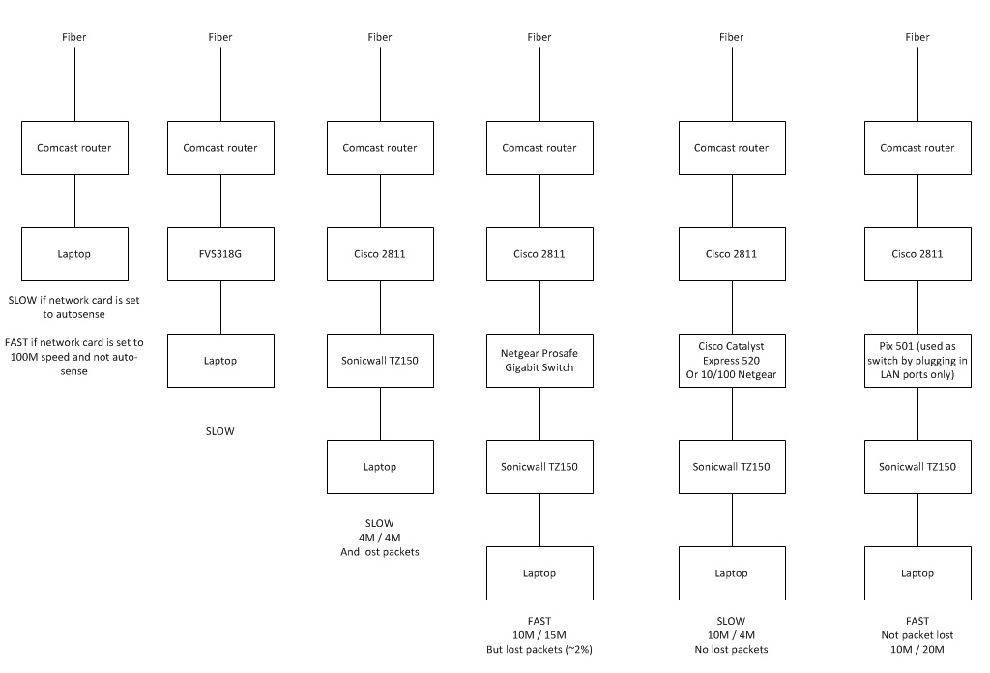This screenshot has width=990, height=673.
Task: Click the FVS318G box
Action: click(x=220, y=254)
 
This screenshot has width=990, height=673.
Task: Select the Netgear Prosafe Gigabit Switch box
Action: click(x=539, y=360)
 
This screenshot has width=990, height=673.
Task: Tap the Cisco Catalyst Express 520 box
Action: click(x=731, y=360)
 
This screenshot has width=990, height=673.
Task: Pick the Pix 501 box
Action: click(x=917, y=360)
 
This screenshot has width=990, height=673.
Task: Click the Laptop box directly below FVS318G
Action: click(x=220, y=361)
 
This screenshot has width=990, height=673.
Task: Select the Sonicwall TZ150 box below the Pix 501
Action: click(x=917, y=466)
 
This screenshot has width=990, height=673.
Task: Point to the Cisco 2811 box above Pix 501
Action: click(x=917, y=254)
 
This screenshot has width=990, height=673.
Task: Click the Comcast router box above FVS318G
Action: click(x=220, y=148)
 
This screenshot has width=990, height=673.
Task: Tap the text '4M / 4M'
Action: click(x=380, y=538)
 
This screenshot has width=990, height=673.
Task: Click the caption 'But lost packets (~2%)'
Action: click(x=539, y=650)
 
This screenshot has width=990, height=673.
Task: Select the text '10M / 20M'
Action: click(x=917, y=650)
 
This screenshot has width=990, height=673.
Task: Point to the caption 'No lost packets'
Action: click(x=731, y=650)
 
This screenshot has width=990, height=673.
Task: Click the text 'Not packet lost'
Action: click(x=917, y=635)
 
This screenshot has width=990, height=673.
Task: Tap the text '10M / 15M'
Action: click(x=539, y=635)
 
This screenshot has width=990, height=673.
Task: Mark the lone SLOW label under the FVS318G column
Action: click(x=220, y=431)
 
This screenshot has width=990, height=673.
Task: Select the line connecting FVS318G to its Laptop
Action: click(x=220, y=307)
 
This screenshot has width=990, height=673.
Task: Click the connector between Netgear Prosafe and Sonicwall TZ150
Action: click(x=539, y=413)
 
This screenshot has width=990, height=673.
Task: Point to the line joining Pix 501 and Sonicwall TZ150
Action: click(x=917, y=413)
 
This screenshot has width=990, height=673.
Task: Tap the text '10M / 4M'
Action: click(x=731, y=635)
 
